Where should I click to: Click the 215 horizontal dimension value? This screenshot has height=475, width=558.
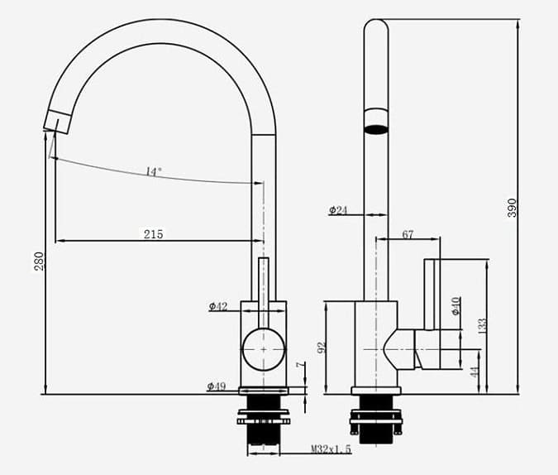153,234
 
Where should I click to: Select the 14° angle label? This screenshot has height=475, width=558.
154,171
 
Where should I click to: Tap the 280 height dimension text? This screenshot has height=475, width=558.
38,261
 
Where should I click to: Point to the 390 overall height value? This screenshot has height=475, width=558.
512,207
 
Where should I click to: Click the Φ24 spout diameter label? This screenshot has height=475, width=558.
338,210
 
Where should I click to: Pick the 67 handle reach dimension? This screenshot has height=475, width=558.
408,235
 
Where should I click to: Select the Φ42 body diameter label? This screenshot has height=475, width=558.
218,306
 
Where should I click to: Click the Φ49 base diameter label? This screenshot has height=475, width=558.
217,386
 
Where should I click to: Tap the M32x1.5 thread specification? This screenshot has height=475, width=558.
331,449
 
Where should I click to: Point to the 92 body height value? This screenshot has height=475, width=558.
323,347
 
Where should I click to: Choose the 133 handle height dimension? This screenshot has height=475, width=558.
483,325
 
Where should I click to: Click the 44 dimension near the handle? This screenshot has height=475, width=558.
475,372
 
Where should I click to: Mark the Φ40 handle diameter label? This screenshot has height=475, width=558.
455,305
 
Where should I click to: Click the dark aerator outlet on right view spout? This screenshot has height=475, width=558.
376,129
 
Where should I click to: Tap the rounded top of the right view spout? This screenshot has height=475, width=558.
376,26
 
